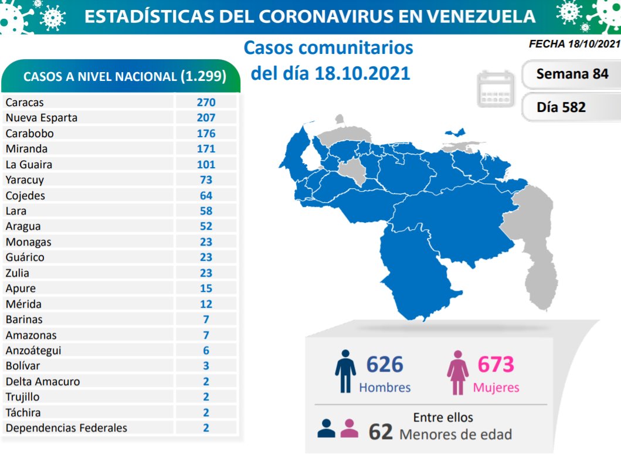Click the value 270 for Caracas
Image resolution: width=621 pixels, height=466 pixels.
(x=206, y=103)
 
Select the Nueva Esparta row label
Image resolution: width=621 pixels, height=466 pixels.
(x=41, y=118)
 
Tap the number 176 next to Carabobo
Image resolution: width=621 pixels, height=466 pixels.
(x=206, y=134)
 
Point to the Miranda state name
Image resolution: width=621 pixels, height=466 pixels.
(x=26, y=149)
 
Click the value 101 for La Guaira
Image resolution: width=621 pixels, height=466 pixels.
(x=206, y=165)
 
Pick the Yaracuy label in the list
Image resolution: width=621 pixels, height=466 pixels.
(x=25, y=180)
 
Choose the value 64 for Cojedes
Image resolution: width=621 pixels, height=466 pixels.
(x=206, y=196)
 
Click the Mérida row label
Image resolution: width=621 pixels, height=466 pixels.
(x=23, y=304)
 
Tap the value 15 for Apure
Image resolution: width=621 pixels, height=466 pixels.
(x=206, y=288)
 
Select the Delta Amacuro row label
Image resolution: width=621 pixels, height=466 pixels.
(x=43, y=382)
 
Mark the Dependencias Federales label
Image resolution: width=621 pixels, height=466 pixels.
(x=66, y=428)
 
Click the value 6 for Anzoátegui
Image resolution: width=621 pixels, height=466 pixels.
(x=206, y=351)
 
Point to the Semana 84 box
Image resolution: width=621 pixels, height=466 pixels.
(x=572, y=74)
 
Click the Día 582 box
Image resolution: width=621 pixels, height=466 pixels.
(x=572, y=107)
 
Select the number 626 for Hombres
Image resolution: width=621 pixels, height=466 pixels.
(x=385, y=365)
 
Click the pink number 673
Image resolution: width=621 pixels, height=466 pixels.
(x=496, y=365)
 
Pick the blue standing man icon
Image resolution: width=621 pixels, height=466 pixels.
(x=345, y=371)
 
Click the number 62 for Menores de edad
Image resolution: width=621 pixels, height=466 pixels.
(x=380, y=433)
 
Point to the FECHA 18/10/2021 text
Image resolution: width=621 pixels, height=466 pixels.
(x=574, y=44)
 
